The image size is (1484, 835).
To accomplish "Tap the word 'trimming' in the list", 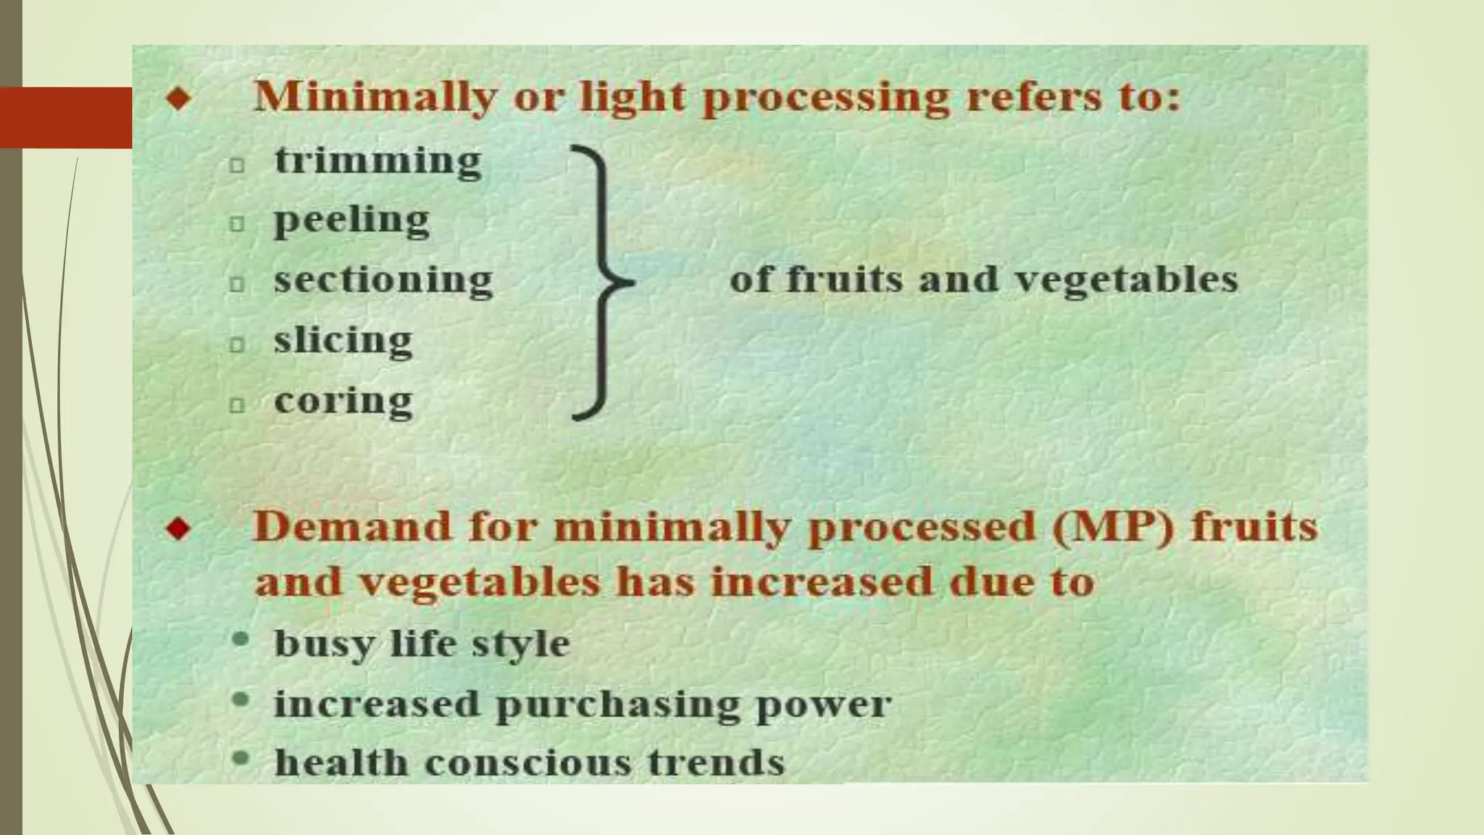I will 378,160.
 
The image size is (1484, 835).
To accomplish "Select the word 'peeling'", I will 351,220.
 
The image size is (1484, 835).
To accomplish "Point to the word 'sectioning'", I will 383,281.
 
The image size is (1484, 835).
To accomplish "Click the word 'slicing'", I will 343,341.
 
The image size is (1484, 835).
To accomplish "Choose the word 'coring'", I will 343,401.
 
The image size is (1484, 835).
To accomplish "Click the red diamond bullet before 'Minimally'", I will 178,98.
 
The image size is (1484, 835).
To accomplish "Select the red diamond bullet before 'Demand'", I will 178,528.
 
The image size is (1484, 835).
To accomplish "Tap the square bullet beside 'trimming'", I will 237,165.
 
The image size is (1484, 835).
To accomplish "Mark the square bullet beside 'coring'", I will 237,405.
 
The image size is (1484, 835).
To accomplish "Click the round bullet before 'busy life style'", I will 241,640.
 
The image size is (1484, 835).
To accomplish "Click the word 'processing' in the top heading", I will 825,98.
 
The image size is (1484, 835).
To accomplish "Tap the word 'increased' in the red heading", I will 822,582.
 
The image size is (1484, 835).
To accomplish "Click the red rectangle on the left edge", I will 66,117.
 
